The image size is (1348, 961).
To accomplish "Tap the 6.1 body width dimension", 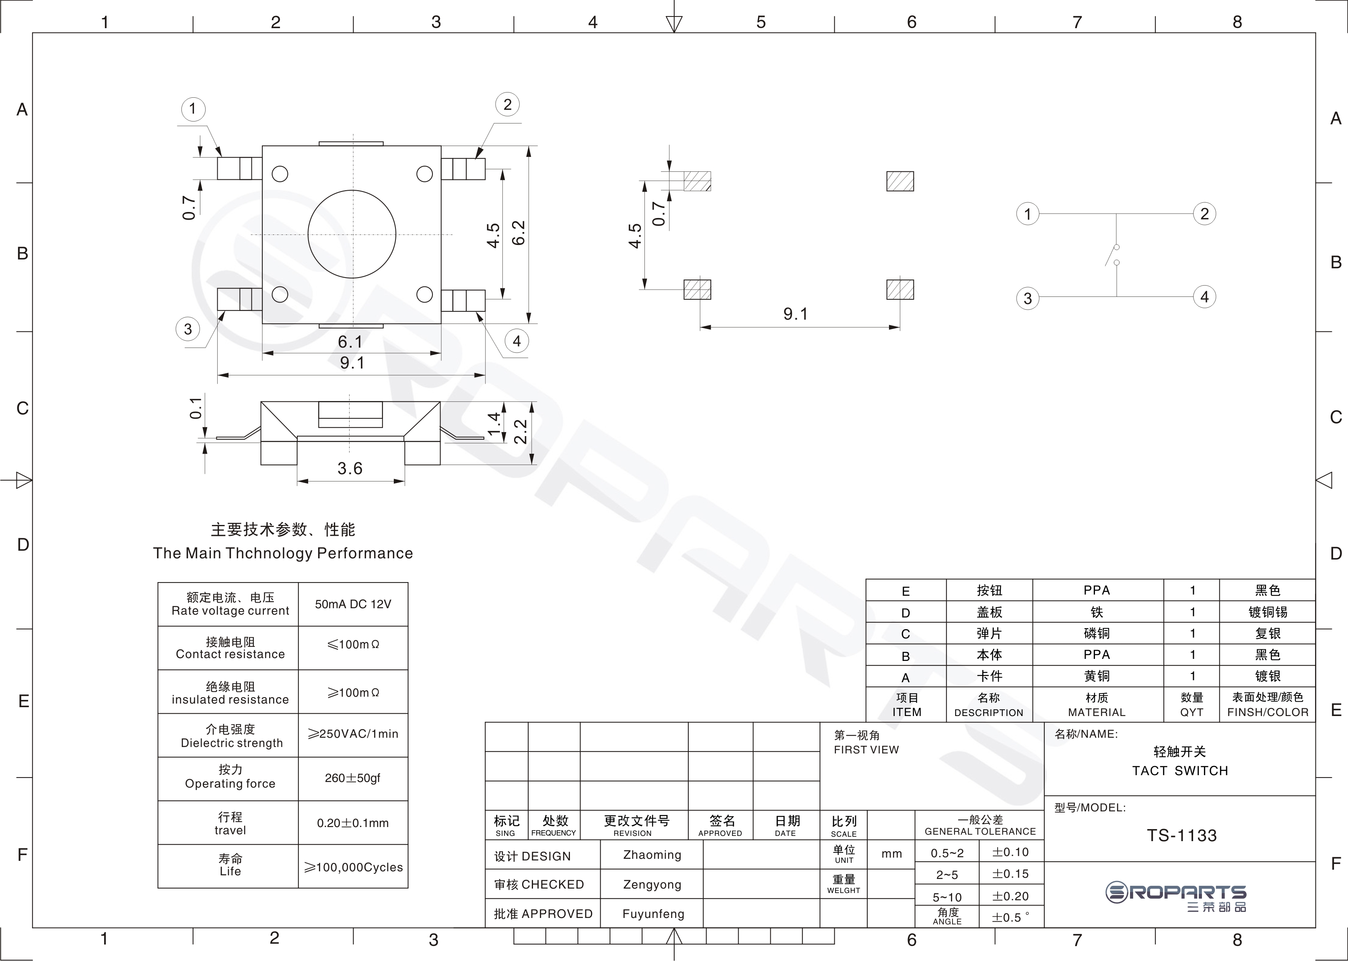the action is tap(350, 342).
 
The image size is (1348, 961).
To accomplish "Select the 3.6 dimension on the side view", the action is tap(350, 468).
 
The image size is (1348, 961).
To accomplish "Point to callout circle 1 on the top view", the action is tap(192, 109).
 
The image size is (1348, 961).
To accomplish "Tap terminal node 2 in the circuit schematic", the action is tap(1204, 214).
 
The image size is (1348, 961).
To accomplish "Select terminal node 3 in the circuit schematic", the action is tap(1027, 298).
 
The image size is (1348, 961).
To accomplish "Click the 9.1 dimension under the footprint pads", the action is tap(795, 314).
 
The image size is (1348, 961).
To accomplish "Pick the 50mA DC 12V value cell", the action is tap(353, 604).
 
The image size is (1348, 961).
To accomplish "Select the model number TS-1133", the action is tap(1182, 835).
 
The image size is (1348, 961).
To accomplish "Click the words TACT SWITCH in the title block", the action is tap(1180, 770).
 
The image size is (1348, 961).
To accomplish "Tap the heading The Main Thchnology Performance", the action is tap(283, 553).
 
